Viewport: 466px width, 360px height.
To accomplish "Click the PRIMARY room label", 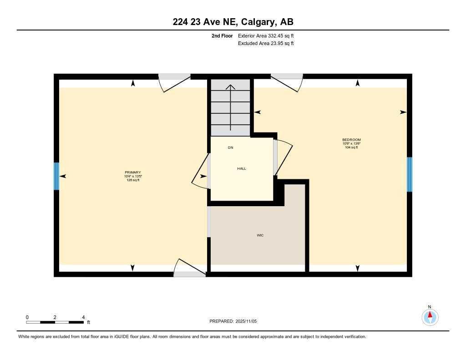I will [x=133, y=172].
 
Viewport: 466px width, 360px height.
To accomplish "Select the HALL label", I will [x=242, y=168].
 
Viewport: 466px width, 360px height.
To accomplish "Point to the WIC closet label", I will [x=260, y=235].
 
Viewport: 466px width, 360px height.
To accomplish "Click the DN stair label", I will [x=231, y=148].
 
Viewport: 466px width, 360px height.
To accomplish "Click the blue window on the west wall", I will [x=56, y=176].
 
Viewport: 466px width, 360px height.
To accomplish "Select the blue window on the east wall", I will [x=409, y=174].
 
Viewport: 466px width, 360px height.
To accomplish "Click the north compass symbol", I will [x=430, y=316].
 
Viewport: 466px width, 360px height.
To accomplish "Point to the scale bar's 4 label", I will [x=83, y=317].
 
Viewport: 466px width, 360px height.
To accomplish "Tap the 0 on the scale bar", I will [x=27, y=317].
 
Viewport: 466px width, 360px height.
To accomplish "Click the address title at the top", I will [x=233, y=22].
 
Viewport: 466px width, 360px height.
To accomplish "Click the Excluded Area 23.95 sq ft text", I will [x=266, y=43].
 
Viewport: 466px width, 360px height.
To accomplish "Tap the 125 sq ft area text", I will [x=133, y=180].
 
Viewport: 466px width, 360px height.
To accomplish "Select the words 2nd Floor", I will [x=222, y=35].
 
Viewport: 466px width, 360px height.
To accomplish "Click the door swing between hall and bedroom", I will [x=283, y=157].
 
